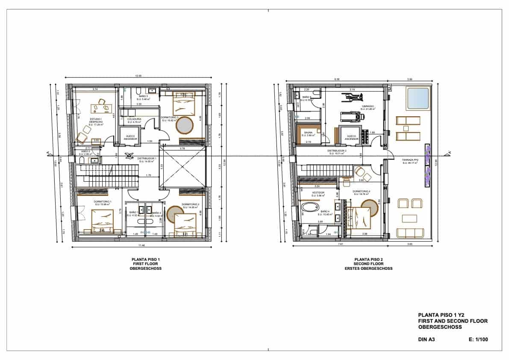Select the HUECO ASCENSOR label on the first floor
coord(130,137)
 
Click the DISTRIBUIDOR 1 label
coord(147,159)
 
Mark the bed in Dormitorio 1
coord(103,222)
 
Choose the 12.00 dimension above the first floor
coord(138,76)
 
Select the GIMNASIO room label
coord(368,107)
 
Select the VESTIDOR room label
coord(318,193)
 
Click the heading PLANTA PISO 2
coord(368,259)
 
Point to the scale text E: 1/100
coord(478,340)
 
